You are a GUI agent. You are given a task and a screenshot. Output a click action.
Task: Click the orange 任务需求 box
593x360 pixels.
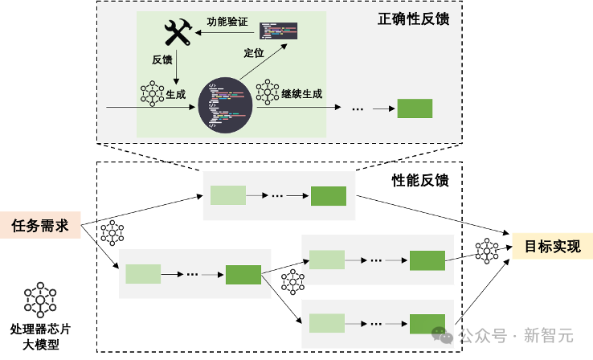(40, 225)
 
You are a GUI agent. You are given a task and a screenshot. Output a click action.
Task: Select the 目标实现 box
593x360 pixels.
(552, 246)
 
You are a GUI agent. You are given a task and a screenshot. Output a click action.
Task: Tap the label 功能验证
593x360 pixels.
(227, 21)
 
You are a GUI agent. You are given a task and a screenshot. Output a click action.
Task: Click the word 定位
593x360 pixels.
(254, 53)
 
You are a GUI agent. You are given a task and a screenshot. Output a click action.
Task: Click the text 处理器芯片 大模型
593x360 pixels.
(39, 337)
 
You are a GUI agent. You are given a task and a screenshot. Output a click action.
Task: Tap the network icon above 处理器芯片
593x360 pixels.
(39, 300)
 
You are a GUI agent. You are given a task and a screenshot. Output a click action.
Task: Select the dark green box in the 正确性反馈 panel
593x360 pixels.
(415, 108)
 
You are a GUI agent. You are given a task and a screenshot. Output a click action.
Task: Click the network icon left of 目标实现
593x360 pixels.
(488, 251)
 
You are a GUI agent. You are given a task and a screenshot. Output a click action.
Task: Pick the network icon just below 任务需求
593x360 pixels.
(112, 232)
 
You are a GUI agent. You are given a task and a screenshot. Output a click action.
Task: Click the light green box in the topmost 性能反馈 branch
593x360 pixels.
(227, 195)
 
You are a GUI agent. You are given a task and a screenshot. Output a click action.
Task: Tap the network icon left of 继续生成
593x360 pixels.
(267, 92)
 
